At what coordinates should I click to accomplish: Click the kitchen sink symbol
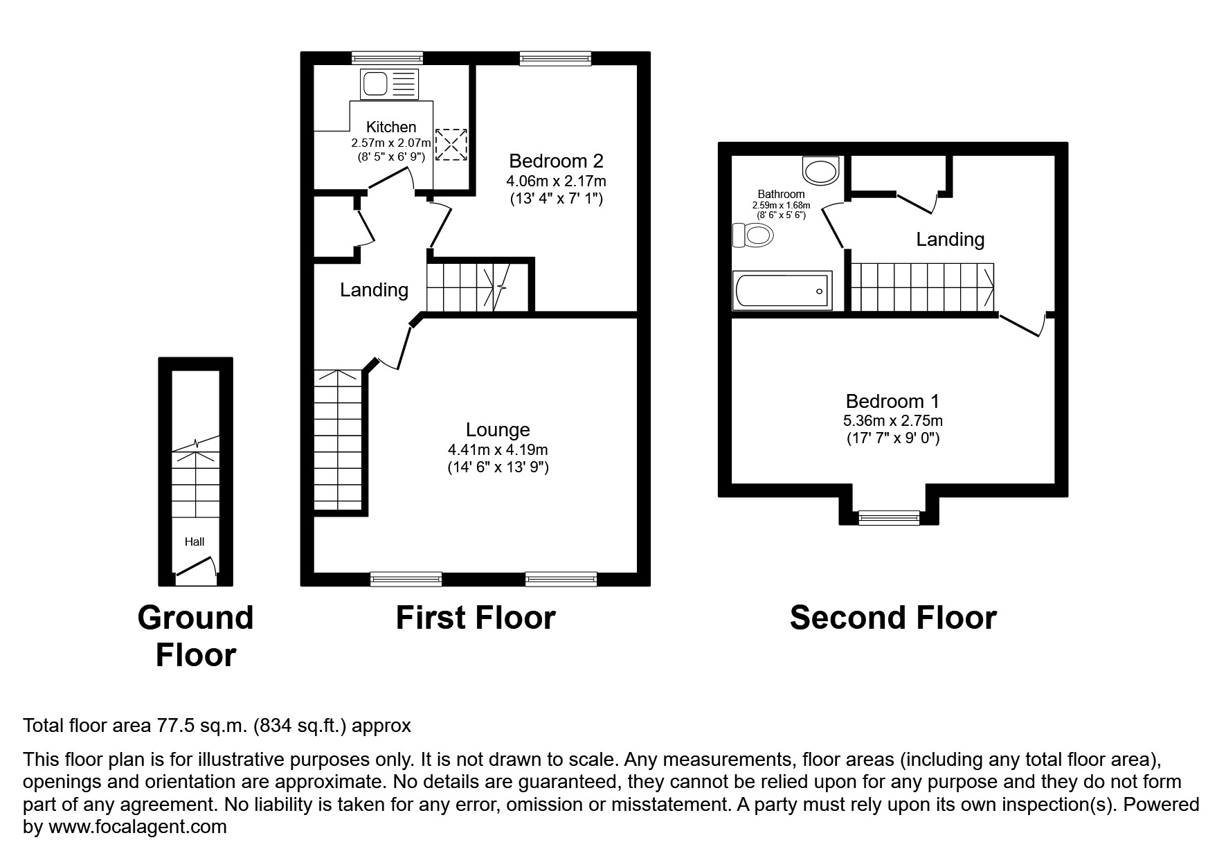pyautogui.click(x=390, y=84)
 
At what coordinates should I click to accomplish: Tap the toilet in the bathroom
pyautogui.click(x=753, y=235)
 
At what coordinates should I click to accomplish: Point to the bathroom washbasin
pyautogui.click(x=821, y=170)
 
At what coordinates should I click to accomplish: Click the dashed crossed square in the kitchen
pyautogui.click(x=451, y=145)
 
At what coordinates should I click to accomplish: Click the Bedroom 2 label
pyautogui.click(x=556, y=161)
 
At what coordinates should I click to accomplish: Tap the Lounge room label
pyautogui.click(x=498, y=430)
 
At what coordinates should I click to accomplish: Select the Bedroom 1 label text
pyautogui.click(x=892, y=401)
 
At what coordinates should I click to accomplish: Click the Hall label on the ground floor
pyautogui.click(x=195, y=542)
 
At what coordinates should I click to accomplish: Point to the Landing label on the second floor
pyautogui.click(x=950, y=240)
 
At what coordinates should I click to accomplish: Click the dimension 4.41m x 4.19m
pyautogui.click(x=498, y=450)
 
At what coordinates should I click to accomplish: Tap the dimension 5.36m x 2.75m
pyautogui.click(x=892, y=420)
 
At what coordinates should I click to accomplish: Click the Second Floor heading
pyautogui.click(x=892, y=618)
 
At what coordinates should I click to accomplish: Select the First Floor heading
pyautogui.click(x=475, y=618)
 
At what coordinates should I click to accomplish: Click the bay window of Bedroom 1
pyautogui.click(x=890, y=517)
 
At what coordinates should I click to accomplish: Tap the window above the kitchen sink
pyautogui.click(x=387, y=58)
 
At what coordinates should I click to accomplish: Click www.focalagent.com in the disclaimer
pyautogui.click(x=137, y=827)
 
